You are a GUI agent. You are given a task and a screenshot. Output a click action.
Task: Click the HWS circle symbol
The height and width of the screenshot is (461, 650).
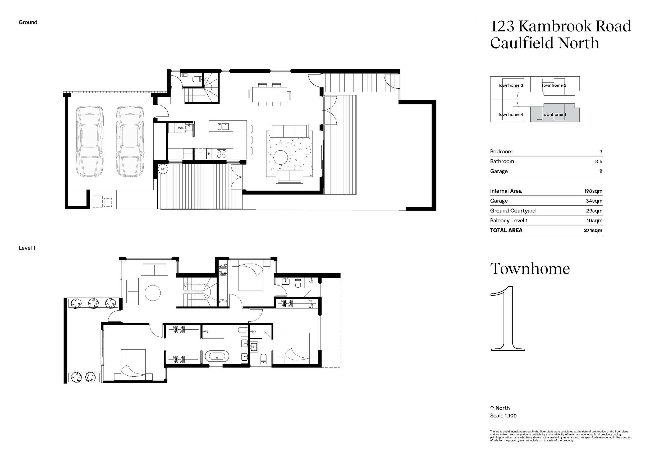click(x=163, y=169)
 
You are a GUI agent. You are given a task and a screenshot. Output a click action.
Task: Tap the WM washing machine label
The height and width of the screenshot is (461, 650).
click(x=181, y=128)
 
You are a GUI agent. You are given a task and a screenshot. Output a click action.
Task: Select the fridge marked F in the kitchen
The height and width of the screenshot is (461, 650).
click(x=200, y=154)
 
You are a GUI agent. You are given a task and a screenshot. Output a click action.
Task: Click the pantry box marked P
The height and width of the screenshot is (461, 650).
click(x=209, y=154)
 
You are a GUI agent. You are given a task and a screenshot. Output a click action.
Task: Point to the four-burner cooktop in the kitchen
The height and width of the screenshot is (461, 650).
click(x=222, y=154)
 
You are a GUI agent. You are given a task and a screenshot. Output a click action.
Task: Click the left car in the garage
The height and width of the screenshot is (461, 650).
click(x=89, y=141)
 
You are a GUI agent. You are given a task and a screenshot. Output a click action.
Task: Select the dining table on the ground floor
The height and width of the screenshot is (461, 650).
click(x=269, y=95)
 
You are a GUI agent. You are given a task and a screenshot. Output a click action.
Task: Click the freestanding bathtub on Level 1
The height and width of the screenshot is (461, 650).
click(x=217, y=356)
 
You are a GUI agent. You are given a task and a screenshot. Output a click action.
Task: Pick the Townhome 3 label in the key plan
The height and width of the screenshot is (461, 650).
click(x=510, y=85)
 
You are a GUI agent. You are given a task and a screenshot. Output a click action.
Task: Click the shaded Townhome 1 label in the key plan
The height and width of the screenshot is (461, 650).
click(x=554, y=114)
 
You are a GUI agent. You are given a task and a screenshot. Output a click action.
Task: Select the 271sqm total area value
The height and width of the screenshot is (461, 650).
click(x=593, y=230)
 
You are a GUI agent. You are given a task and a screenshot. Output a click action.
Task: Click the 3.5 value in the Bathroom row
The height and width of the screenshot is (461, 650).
click(x=598, y=162)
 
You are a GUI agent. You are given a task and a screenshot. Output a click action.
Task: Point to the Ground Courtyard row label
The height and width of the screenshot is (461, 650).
click(x=512, y=211)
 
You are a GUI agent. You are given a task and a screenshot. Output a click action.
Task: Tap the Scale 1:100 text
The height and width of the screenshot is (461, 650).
click(x=503, y=416)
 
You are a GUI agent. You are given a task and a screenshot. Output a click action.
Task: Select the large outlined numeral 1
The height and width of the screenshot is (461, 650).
click(x=508, y=319)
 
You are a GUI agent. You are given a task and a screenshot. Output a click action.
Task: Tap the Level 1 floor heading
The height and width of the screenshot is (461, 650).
click(x=27, y=248)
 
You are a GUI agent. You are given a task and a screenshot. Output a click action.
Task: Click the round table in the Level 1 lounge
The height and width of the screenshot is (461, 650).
click(x=153, y=293)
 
